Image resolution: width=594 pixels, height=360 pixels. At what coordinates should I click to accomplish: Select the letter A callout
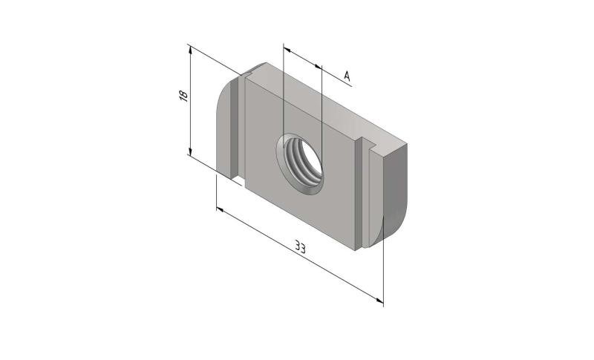pyautogui.click(x=347, y=75)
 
